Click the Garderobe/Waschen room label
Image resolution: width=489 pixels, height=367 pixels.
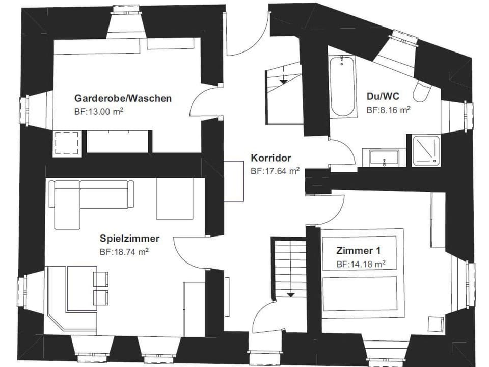[123, 98]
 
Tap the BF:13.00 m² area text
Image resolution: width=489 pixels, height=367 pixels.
[99, 110]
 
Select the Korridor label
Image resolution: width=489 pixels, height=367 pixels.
[270, 158]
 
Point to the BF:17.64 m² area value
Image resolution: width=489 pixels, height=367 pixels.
[275, 171]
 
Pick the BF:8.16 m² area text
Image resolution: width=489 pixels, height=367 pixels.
[388, 109]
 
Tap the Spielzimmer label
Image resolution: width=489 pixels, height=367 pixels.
[129, 239]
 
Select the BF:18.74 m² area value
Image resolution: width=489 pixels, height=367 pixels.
[124, 251]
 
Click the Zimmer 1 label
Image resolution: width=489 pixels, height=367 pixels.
[358, 251]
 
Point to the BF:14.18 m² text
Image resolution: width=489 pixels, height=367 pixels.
[360, 264]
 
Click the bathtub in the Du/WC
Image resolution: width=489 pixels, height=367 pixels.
[342, 87]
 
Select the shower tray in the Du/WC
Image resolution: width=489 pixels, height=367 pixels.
[426, 150]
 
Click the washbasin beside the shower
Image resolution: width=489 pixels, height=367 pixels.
[383, 157]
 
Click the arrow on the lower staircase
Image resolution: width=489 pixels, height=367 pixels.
[290, 294]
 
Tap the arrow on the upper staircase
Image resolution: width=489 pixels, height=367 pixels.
[283, 80]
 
